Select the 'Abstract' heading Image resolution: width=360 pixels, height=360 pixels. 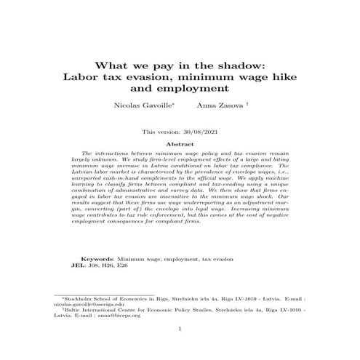(180, 145)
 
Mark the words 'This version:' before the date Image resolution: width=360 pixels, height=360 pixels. (161, 132)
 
